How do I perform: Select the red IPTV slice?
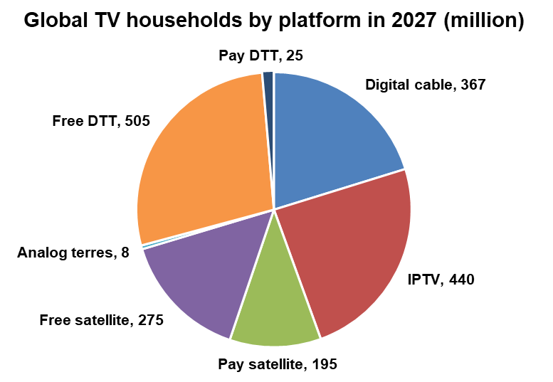[x=349, y=256]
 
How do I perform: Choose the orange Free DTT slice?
[x=199, y=156]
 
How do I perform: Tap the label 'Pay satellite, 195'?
[x=277, y=365]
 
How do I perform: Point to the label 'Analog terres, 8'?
[x=73, y=253]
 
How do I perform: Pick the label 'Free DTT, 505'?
[x=101, y=121]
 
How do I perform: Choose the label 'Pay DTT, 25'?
[x=261, y=55]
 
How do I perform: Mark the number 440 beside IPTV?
[x=460, y=279]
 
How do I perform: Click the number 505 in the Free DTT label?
[x=137, y=121]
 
